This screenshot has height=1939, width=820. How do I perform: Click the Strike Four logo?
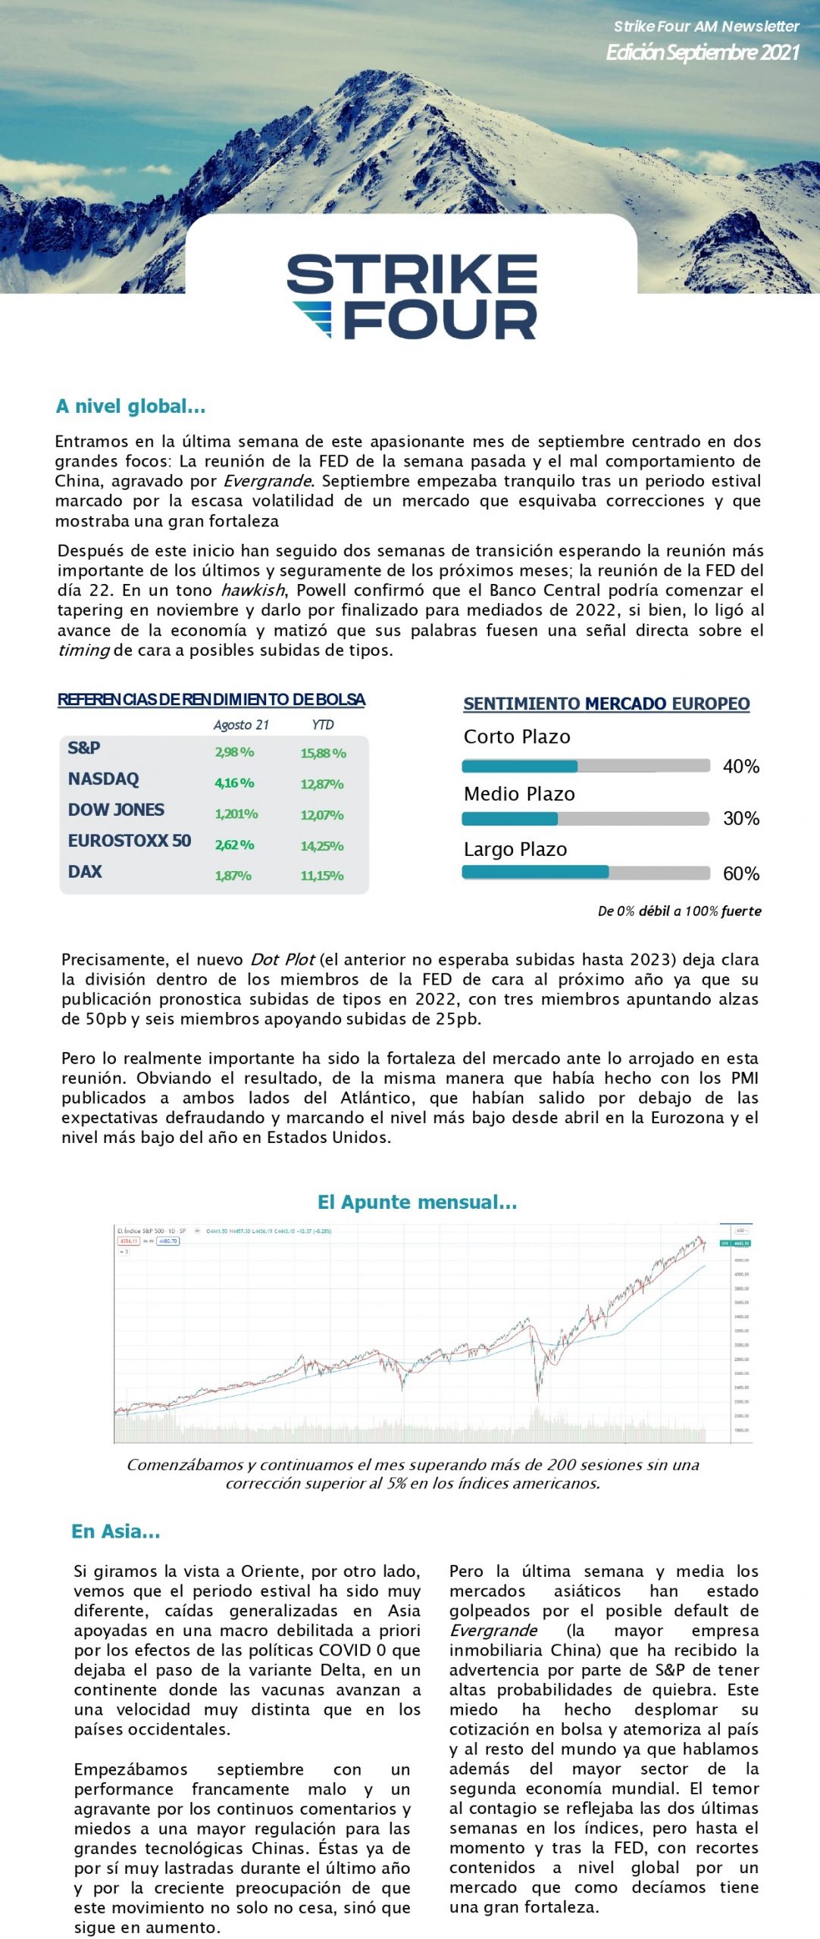(x=412, y=296)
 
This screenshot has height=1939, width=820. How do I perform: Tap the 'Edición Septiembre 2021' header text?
(x=703, y=52)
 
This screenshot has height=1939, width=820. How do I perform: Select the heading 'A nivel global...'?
(x=130, y=407)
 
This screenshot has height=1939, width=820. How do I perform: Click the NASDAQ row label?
(x=104, y=779)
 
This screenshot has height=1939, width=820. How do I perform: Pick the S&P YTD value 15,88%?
(x=323, y=753)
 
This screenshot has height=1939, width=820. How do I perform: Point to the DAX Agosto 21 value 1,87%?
(x=233, y=876)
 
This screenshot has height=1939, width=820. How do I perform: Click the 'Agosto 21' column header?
(x=241, y=725)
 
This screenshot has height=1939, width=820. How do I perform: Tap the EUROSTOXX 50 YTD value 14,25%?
(x=322, y=845)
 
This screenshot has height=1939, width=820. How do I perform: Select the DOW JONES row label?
(x=116, y=810)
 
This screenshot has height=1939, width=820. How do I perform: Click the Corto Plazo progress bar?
(x=586, y=766)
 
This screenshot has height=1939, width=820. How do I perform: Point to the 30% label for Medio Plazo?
(x=741, y=818)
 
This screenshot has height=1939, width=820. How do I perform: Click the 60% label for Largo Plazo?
(x=741, y=873)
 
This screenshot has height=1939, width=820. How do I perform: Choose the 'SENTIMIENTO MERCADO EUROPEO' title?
(x=606, y=704)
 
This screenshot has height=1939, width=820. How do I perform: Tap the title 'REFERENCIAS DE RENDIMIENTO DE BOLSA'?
(x=211, y=699)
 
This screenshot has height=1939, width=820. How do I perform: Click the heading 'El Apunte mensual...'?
(x=417, y=1202)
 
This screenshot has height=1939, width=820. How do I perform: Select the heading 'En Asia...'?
(x=116, y=1532)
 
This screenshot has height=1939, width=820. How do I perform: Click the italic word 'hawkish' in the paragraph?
(x=253, y=591)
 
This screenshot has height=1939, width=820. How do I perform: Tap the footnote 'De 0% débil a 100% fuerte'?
(x=679, y=911)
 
